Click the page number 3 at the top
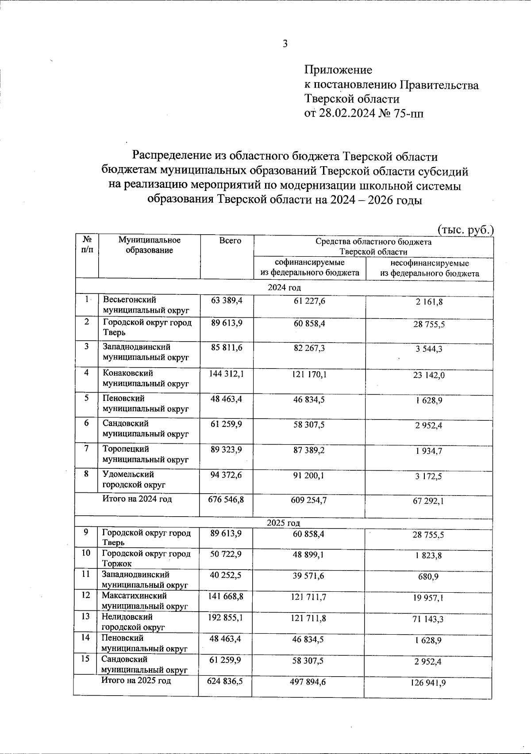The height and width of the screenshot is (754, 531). (x=285, y=43)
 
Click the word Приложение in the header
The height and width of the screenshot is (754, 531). (x=338, y=70)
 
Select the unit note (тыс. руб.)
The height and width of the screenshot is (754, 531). (x=465, y=230)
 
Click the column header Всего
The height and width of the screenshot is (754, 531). (x=230, y=240)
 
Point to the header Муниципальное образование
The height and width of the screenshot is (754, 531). (x=149, y=245)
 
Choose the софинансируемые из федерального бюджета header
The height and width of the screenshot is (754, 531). (x=310, y=268)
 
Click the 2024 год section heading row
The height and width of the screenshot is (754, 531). (x=284, y=288)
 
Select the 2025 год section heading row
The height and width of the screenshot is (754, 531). (x=284, y=523)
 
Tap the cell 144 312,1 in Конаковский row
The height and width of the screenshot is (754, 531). (x=226, y=374)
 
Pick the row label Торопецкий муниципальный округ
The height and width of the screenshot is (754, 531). (x=146, y=454)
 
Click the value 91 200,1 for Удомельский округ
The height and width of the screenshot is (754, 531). (x=309, y=476)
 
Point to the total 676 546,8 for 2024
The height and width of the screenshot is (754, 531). (x=226, y=500)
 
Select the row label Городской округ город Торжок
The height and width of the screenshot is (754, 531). (x=146, y=558)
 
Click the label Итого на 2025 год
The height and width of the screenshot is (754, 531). (x=136, y=681)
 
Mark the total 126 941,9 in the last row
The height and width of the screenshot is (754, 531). (x=428, y=683)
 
